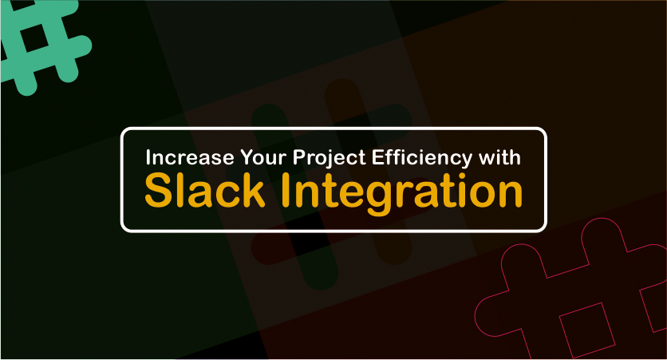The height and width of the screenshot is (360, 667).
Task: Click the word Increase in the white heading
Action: pos(190,157)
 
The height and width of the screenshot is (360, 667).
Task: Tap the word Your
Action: pos(262,157)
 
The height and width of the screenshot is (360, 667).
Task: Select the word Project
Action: pos(330,158)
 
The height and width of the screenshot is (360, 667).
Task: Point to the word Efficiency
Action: pos(422,158)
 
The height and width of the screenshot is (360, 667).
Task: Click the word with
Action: pos(499,157)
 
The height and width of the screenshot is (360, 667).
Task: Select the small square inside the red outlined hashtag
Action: pos(587,330)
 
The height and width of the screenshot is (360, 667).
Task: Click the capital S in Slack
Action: pos(157,191)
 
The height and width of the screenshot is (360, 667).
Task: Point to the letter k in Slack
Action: pos(253,190)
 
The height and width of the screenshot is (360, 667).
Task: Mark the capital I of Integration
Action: pos(285,191)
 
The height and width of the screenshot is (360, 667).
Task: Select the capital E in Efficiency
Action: pos(377,157)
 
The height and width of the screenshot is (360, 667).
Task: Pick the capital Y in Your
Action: pos(247,157)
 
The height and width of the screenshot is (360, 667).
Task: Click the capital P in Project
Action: pos(298,157)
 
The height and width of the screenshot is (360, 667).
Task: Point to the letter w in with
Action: pos(487,160)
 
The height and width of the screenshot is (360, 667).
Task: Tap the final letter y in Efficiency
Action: pos(467,162)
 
